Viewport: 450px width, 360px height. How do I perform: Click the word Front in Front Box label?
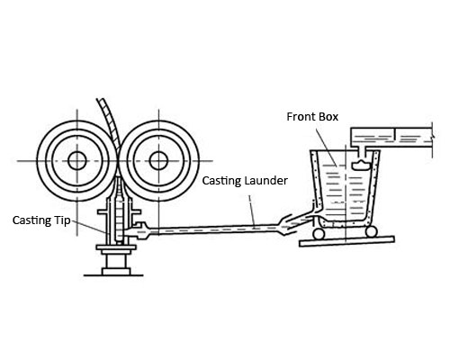(301, 117)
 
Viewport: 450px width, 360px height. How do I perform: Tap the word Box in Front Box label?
(328, 117)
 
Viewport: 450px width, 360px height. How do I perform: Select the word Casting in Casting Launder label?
(222, 181)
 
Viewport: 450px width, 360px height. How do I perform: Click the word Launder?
(266, 181)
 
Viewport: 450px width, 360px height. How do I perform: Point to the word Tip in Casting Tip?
(62, 220)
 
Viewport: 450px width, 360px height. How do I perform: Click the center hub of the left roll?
(77, 161)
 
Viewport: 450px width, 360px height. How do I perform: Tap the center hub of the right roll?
(158, 161)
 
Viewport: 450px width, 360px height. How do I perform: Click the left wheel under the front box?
(319, 233)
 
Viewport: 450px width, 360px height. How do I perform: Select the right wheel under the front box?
(371, 231)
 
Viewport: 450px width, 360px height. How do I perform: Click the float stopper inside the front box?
(361, 165)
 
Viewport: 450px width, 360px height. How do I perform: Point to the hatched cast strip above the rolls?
(110, 123)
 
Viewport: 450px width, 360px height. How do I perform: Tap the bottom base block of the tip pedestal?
(116, 272)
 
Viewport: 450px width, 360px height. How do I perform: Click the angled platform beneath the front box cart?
(346, 241)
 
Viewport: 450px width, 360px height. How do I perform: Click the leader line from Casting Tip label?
(90, 227)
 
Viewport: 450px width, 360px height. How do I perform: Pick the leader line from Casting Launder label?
(252, 210)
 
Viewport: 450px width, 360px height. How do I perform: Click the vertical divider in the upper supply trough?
(395, 134)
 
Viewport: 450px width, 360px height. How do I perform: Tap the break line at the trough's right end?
(432, 139)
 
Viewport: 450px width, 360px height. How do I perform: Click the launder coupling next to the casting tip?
(141, 230)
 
